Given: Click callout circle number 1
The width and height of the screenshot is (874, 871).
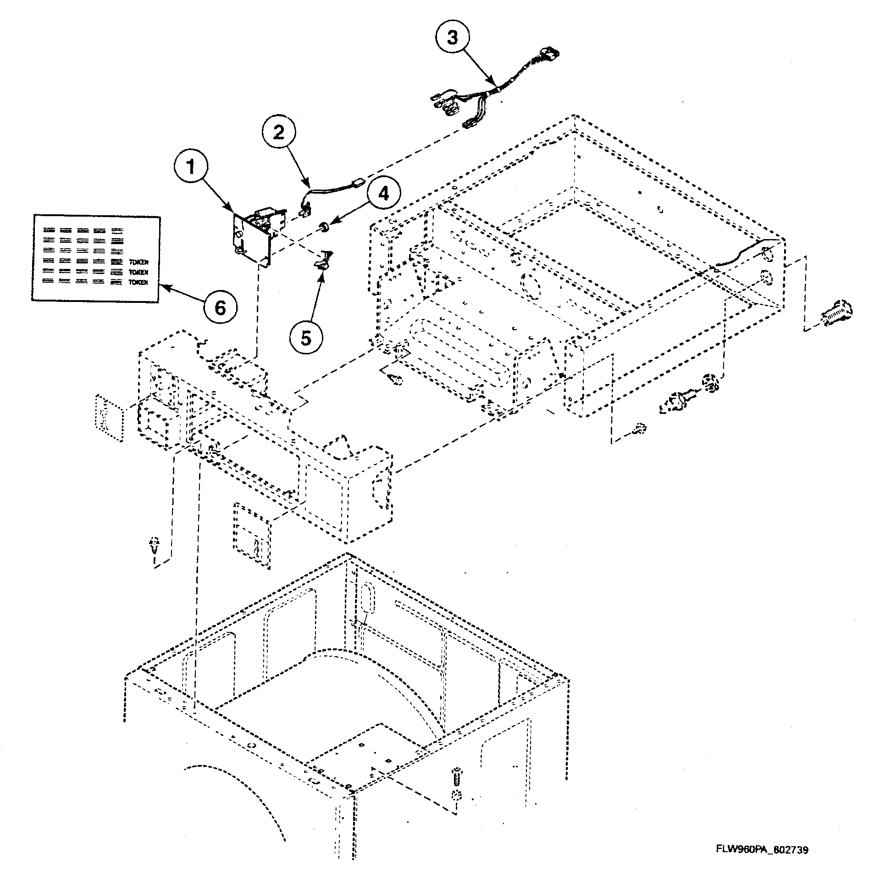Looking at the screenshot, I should (x=191, y=167).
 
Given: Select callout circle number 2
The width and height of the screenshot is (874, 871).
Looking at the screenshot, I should (x=279, y=133).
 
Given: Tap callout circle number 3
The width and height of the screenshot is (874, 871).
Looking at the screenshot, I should (x=453, y=38).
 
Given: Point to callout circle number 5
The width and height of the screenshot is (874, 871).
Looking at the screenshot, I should (x=306, y=339).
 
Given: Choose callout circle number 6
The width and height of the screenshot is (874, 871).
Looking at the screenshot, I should (x=221, y=308).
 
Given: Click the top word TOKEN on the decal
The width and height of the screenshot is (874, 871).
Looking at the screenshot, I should (x=138, y=262).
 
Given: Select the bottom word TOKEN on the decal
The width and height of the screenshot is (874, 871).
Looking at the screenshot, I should (x=138, y=283).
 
